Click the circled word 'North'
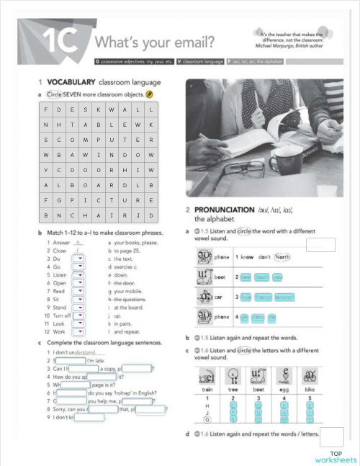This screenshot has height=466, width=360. (282, 257)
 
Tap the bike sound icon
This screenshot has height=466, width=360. (310, 377)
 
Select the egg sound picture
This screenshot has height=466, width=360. (285, 377)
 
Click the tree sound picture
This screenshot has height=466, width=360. (233, 377)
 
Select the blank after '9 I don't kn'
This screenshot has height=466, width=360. (89, 417)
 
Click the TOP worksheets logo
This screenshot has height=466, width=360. (335, 456)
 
